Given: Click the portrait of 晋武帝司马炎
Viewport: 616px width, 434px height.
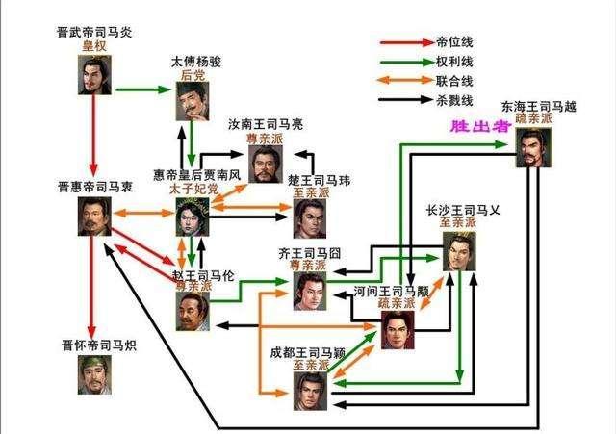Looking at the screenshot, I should pyautogui.click(x=96, y=75).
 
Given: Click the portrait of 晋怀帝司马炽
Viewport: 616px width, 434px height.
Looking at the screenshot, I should pyautogui.click(x=96, y=374).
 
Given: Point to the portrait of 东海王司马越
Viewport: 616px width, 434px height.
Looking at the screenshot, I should pyautogui.click(x=534, y=148).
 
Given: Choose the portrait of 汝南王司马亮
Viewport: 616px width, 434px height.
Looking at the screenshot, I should pyautogui.click(x=267, y=163).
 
